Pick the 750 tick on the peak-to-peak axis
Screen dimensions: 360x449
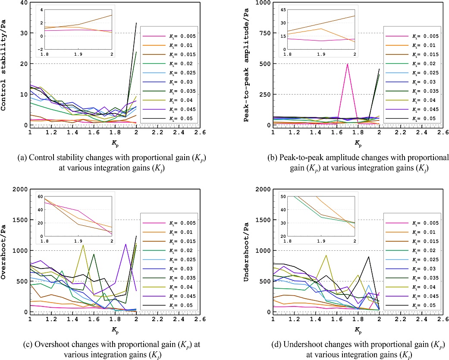(x=264, y=33)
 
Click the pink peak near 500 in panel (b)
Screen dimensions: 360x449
(x=347, y=64)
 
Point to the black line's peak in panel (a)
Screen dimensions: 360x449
(x=136, y=22)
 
